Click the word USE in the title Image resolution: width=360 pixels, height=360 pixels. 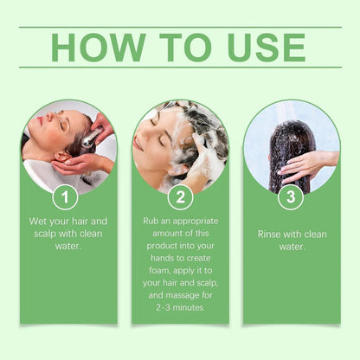click(261, 48)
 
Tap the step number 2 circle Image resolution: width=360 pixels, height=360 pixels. click(180, 197)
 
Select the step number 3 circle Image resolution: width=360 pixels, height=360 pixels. click(291, 197)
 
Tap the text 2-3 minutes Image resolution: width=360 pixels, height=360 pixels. click(180, 308)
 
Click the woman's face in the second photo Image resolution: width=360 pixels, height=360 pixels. click(151, 138)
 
